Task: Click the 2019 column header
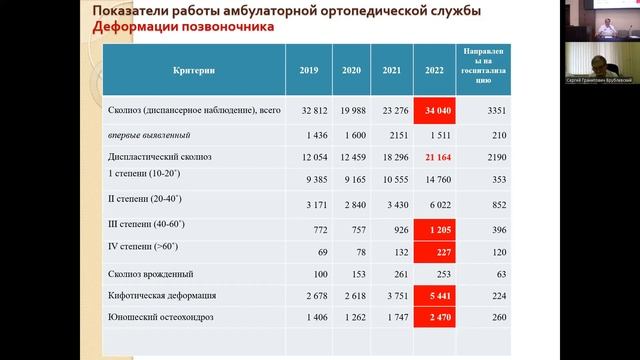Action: pyautogui.click(x=308, y=70)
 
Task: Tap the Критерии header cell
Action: pyautogui.click(x=194, y=70)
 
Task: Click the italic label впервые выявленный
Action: pyautogui.click(x=149, y=135)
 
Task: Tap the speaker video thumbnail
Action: pyautogui.click(x=600, y=31)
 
